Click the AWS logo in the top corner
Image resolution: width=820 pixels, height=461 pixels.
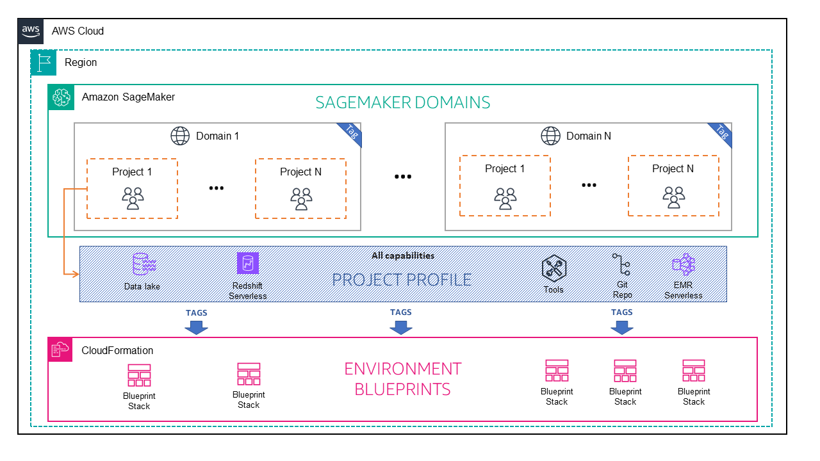[30, 30]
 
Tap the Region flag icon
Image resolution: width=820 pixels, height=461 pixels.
[44, 62]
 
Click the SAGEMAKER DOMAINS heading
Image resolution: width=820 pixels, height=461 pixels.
[402, 102]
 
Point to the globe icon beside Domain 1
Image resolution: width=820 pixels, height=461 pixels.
[180, 136]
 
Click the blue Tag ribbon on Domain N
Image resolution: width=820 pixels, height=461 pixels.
[721, 133]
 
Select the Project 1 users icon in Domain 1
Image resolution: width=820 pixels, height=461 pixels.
[133, 198]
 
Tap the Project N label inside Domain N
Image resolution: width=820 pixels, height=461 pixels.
[673, 168]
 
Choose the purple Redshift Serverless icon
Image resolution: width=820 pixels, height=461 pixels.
[247, 263]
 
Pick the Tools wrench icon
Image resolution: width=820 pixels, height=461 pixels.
[553, 268]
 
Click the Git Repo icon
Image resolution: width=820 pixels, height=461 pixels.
[621, 265]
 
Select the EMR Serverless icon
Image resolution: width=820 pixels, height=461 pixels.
[683, 264]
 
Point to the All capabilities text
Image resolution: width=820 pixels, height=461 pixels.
[403, 255]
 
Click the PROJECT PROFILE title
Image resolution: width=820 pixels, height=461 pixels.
[402, 279]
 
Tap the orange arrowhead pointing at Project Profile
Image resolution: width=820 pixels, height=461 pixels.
[74, 274]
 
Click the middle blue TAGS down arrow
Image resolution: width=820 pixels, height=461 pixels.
[401, 327]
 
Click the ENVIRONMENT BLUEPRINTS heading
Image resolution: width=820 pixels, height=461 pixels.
[403, 378]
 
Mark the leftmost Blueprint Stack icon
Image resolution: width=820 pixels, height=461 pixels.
[139, 375]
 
